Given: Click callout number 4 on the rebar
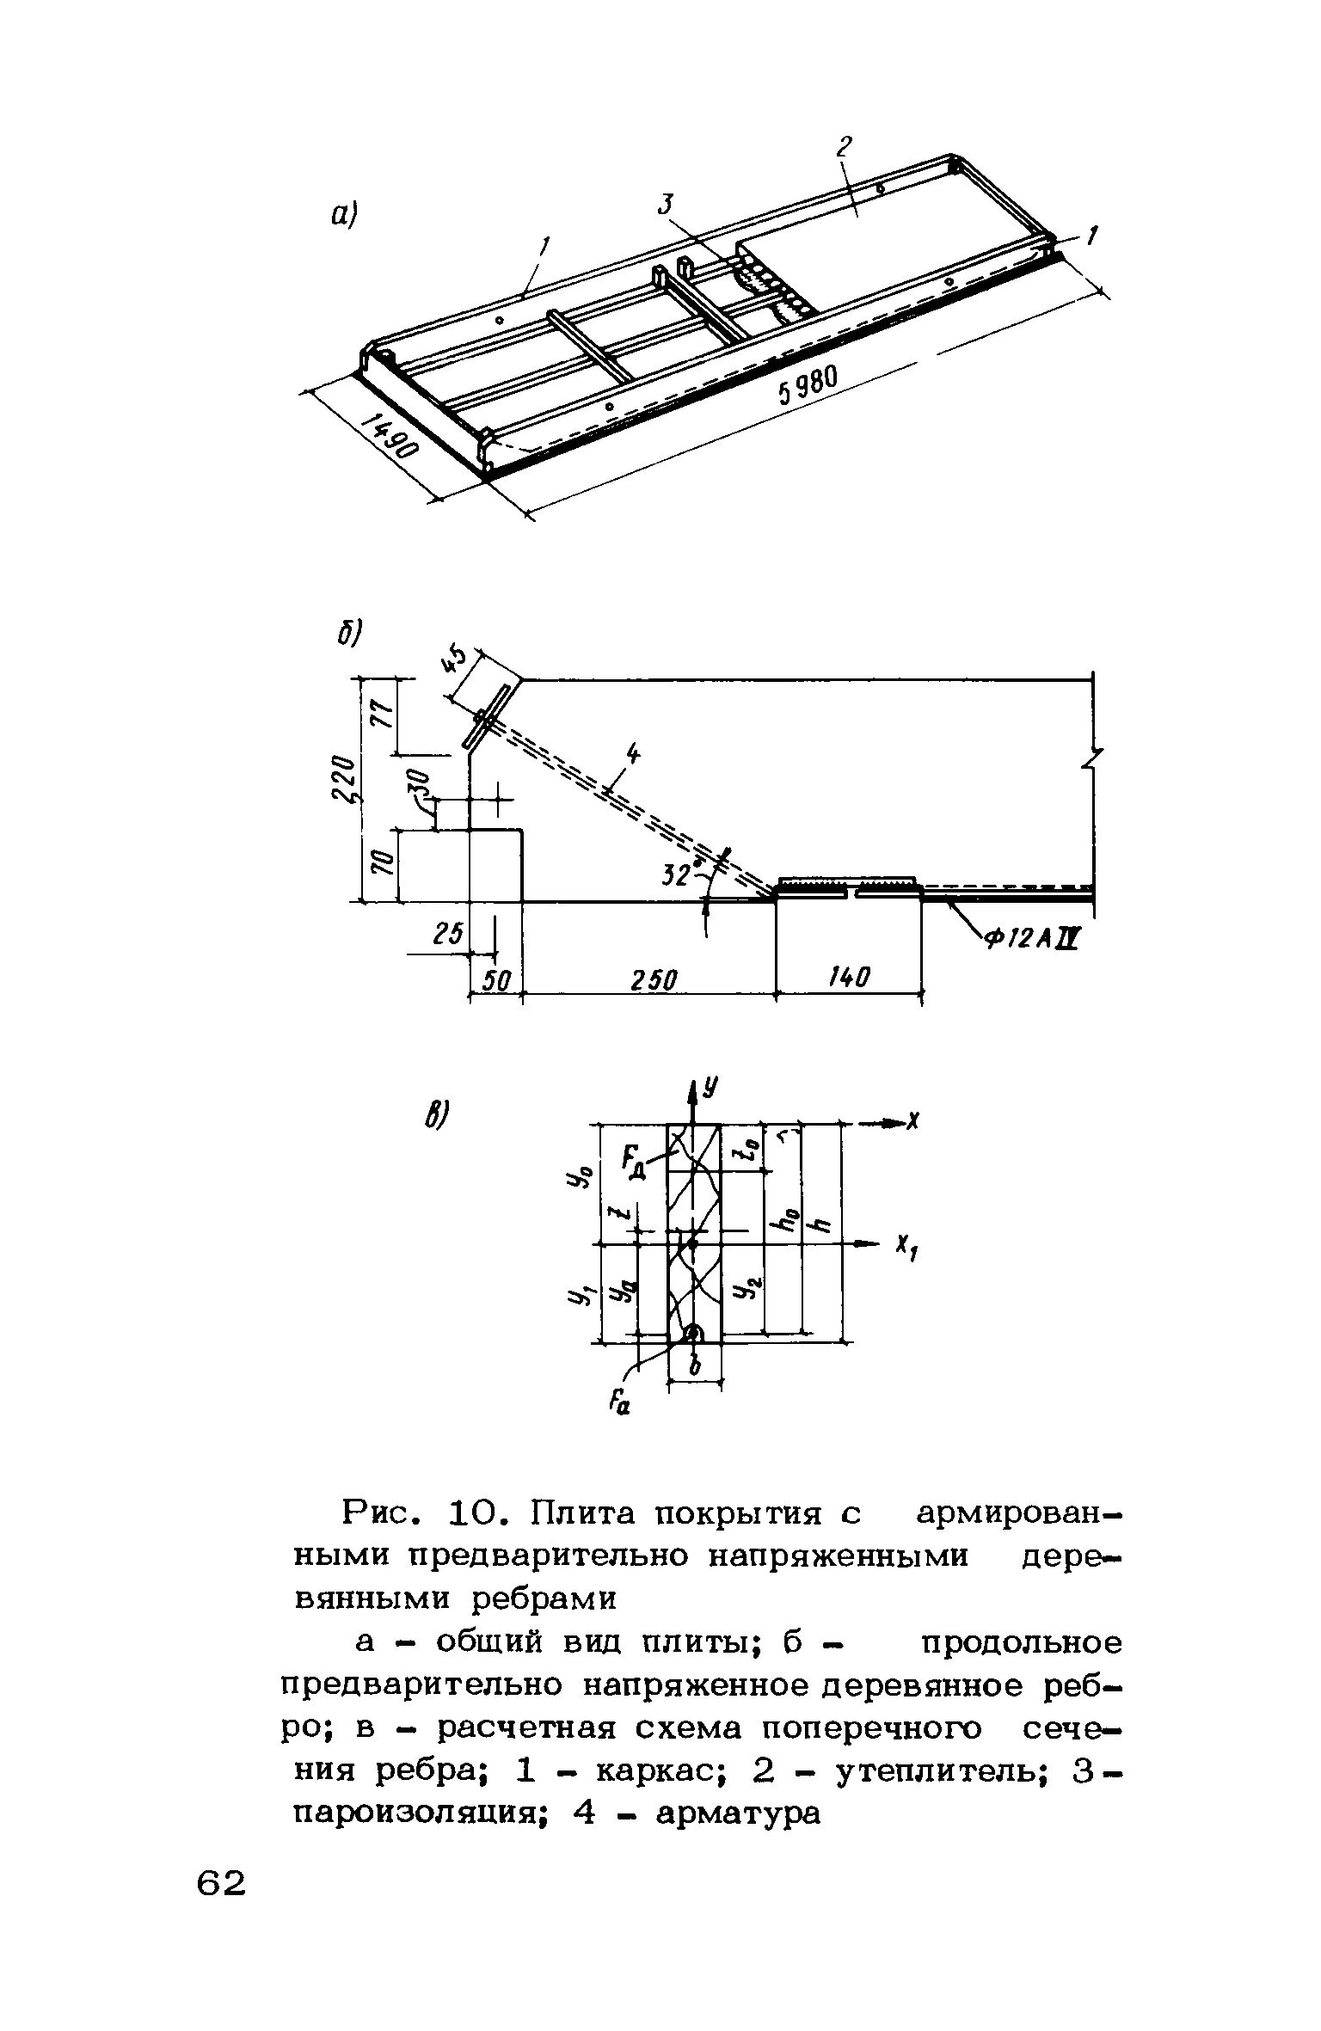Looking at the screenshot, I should coord(634,754).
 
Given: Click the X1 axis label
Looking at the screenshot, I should coord(905,1248).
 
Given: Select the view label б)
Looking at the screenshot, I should coord(350,633).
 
